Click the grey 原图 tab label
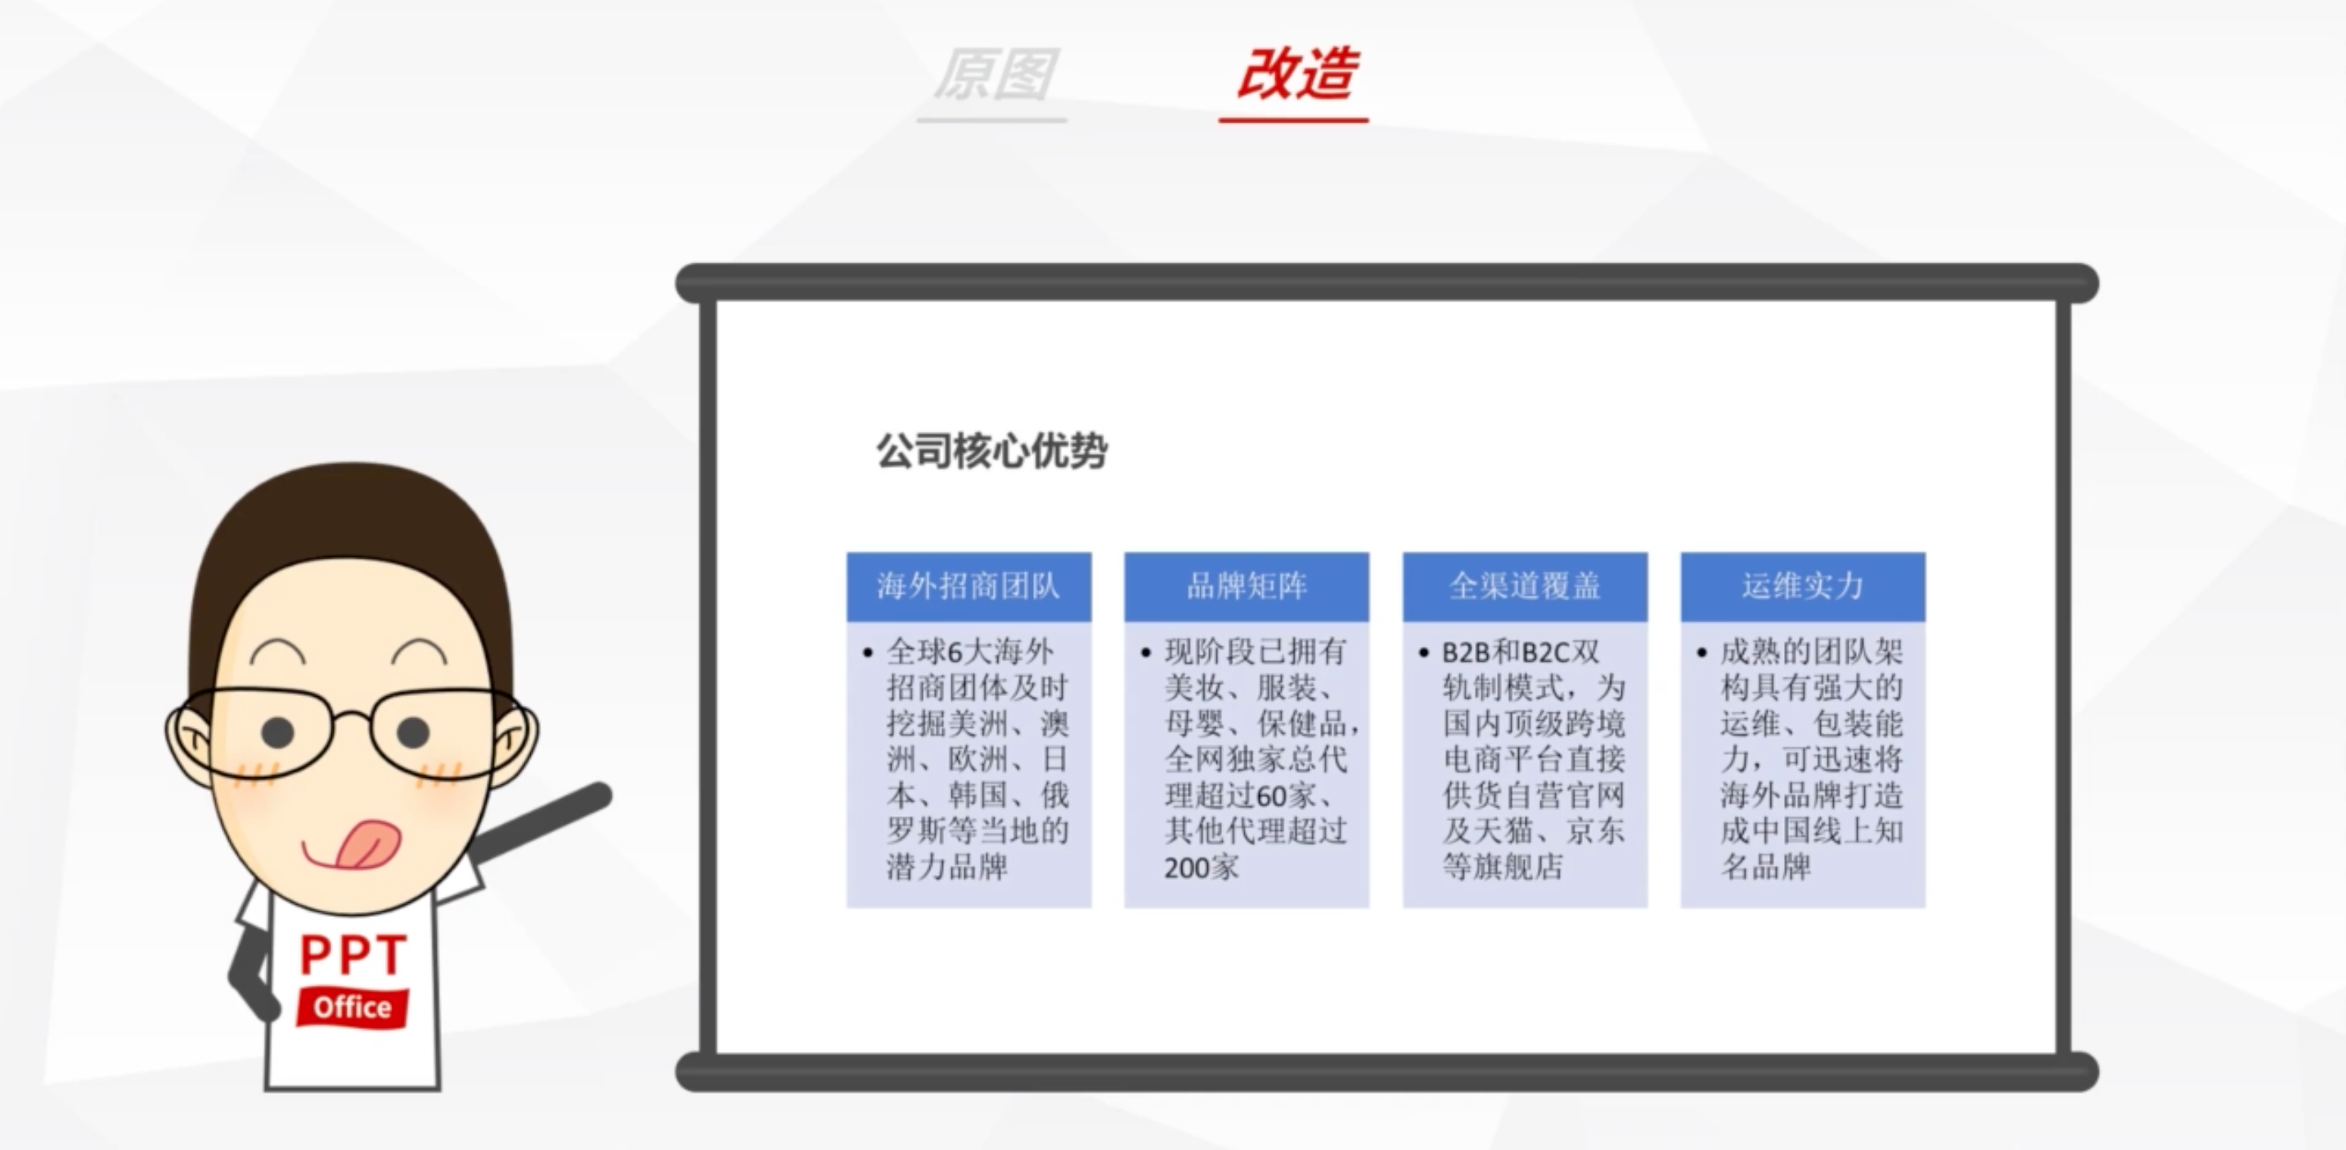[x=995, y=74]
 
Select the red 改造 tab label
[x=1297, y=73]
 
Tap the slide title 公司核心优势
[x=991, y=451]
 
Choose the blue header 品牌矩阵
[x=1247, y=586]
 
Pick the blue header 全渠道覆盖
[x=1525, y=586]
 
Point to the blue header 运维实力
[x=1802, y=586]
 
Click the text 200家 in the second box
[x=1202, y=867]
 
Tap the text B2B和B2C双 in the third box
[x=1521, y=652]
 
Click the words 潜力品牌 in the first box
[x=947, y=866]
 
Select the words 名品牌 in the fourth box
[x=1766, y=866]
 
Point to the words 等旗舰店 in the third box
[x=1503, y=866]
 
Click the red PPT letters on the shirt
[x=353, y=955]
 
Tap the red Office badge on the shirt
[x=353, y=1007]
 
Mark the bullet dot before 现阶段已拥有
[x=1146, y=653]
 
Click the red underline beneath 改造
[x=1293, y=119]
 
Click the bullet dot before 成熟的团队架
[x=1701, y=653]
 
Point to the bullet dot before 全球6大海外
[x=868, y=653]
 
